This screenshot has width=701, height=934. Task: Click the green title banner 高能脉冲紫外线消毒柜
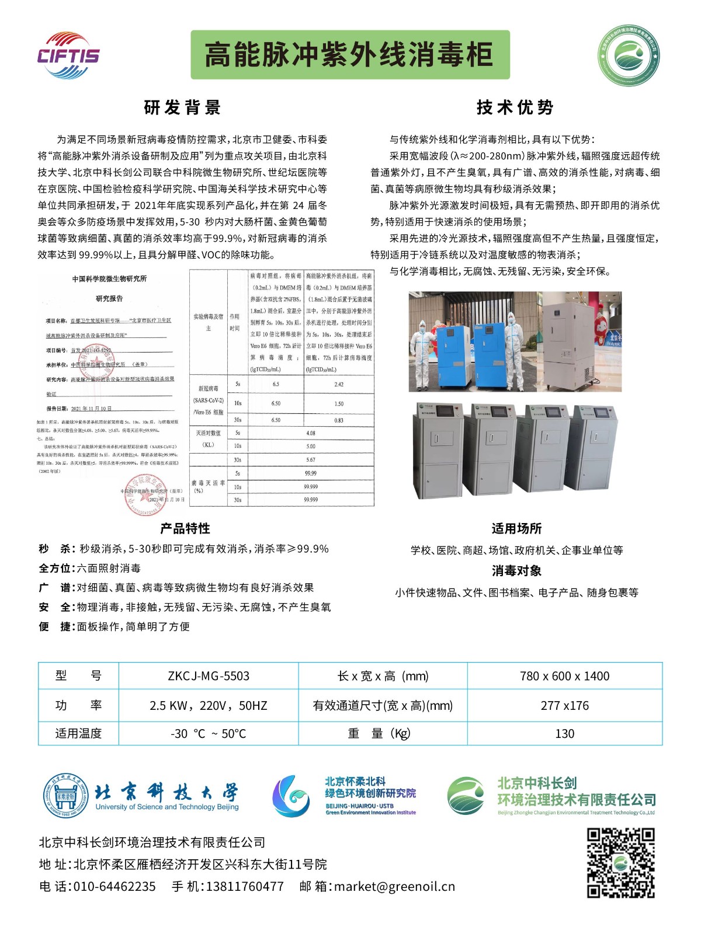[350, 55]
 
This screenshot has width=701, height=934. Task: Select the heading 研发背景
[182, 108]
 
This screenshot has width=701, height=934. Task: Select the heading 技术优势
[515, 107]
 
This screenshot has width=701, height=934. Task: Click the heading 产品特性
[185, 528]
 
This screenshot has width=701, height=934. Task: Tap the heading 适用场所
[516, 528]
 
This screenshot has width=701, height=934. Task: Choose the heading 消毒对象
[516, 570]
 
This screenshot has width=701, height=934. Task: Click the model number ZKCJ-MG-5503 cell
[209, 676]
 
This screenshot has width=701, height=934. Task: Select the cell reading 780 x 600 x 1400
[564, 676]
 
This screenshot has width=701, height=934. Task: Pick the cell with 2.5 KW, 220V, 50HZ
[209, 705]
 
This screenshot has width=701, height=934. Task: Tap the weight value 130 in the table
[564, 733]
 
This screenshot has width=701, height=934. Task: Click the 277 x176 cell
[564, 705]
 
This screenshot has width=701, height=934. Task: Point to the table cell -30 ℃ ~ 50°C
[209, 733]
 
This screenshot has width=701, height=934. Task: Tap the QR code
[620, 862]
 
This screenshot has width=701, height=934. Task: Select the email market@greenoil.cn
[394, 886]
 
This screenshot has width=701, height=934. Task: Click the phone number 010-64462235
[114, 886]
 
